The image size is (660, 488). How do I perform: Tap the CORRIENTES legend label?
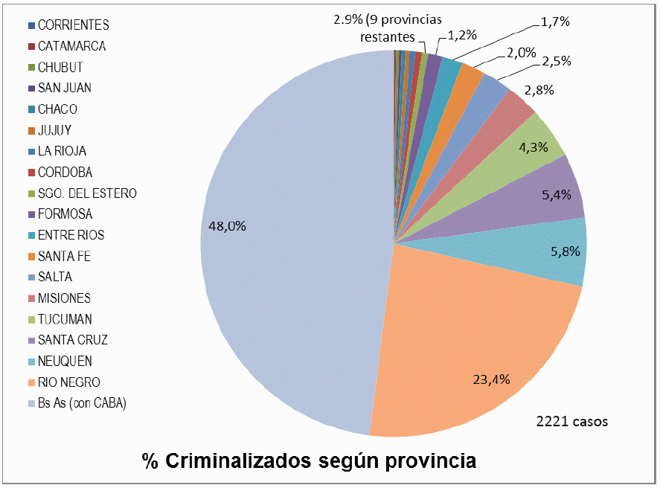[73, 25]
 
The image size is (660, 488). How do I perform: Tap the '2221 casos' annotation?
[571, 422]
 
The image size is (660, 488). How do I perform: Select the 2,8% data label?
[538, 90]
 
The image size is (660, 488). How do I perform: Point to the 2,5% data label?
[556, 62]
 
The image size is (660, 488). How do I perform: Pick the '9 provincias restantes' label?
[386, 27]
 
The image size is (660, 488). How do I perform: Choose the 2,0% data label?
[522, 52]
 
